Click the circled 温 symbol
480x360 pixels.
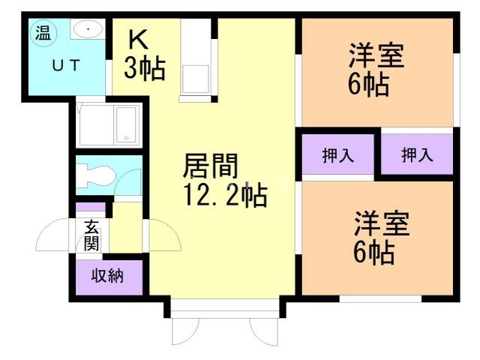click(42, 32)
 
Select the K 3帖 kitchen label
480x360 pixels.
click(143, 55)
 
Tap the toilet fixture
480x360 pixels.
click(95, 177)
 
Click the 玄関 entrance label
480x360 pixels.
click(91, 234)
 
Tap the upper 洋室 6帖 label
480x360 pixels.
click(376, 69)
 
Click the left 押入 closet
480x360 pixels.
click(337, 155)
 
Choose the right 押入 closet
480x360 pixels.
click(417, 155)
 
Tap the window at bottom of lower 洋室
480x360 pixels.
click(379, 298)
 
